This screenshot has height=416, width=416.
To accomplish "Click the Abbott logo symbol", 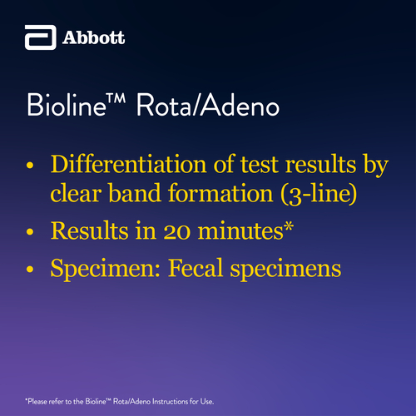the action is coord(41,37).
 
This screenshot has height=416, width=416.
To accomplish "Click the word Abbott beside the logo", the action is coord(93,37).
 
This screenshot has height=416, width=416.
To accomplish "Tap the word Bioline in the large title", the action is coord(67,105).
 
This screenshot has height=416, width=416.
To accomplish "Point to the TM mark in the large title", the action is coord(116,98).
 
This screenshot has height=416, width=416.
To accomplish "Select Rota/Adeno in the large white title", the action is coord(208,105).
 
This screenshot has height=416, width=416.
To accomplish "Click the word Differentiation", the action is coord(128,164).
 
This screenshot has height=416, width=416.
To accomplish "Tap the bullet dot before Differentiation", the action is coord(30,166).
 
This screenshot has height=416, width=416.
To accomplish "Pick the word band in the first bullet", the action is coord(135,193).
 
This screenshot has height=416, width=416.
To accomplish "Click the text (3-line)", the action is coord(319,193).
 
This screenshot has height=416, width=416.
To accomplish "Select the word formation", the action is coord(220,193).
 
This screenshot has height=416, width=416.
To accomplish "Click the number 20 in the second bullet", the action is coord(177,231).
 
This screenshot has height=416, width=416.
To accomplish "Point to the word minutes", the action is coord(240,230).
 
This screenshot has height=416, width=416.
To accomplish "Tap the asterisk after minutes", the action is coord(289,226).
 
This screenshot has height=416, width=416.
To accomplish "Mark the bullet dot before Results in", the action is coord(30,231).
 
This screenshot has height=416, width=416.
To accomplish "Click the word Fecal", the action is coord(196,268).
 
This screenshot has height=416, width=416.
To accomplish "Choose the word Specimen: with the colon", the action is coord(105,269).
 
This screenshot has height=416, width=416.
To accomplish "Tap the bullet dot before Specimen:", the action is coord(30,269).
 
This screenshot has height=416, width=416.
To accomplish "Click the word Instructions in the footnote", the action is coord(171,401).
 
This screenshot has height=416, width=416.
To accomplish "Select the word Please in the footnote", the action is coord(37,401).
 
